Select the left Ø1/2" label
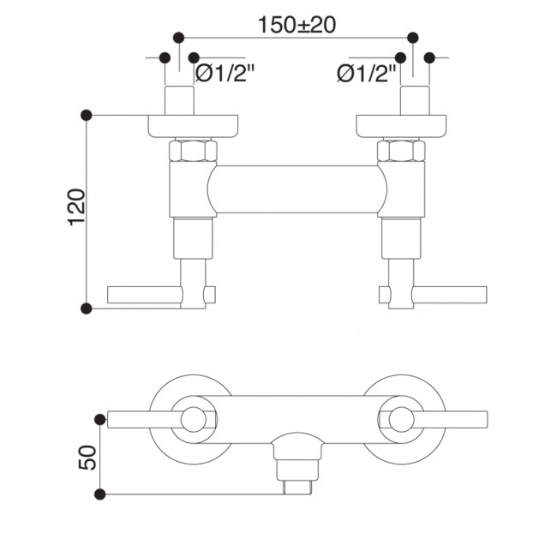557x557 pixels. pyautogui.click(x=225, y=75)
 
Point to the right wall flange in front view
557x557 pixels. pyautogui.click(x=401, y=125)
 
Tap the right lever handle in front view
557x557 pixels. pyautogui.click(x=450, y=296)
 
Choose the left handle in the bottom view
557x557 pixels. pyautogui.click(x=146, y=419)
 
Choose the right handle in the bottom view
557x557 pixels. pyautogui.click(x=446, y=419)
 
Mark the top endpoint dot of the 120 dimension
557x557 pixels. pyautogui.click(x=86, y=114)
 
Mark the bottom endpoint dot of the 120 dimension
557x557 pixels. pyautogui.click(x=86, y=307)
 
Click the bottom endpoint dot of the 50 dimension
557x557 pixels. pyautogui.click(x=101, y=494)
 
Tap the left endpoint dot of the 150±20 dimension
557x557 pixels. pyautogui.click(x=178, y=38)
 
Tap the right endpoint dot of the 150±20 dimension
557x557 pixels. pyautogui.click(x=413, y=38)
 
